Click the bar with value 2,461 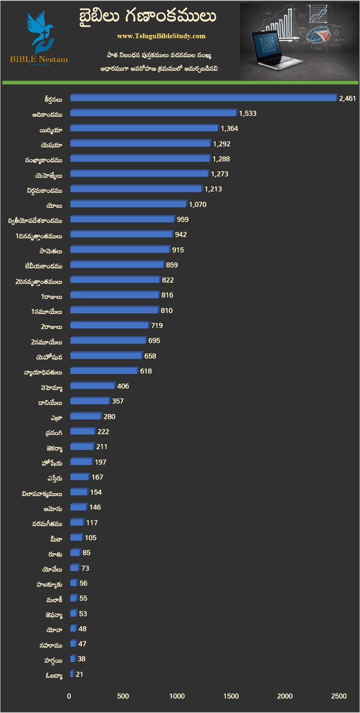(x=203, y=98)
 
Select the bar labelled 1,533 (x=154, y=113)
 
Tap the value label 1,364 (x=229, y=128)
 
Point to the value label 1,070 (x=198, y=204)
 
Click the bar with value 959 (x=122, y=219)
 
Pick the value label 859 (x=172, y=265)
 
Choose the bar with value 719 (x=109, y=325)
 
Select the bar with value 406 (x=92, y=386)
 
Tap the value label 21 (x=79, y=674)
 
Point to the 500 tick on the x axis (x=123, y=696)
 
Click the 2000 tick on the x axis (x=285, y=696)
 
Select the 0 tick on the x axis (x=69, y=696)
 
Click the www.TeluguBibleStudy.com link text (x=161, y=36)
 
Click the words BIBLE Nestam (x=39, y=59)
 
